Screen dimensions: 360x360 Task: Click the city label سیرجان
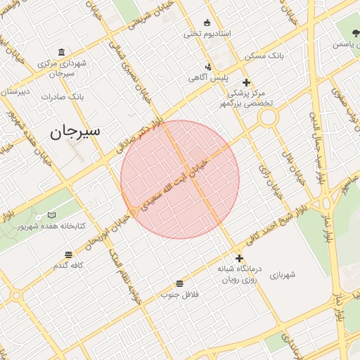coord(76,131)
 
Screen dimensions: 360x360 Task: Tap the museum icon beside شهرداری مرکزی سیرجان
coord(61,53)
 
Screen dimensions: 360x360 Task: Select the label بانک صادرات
coord(63,96)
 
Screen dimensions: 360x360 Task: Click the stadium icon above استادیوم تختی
coord(206,22)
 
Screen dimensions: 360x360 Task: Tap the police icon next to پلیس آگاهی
coord(208,67)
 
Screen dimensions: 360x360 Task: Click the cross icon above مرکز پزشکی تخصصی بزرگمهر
coord(246,82)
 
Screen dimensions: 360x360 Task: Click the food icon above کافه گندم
coord(68,255)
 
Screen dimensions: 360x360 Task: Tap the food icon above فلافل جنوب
coord(180,283)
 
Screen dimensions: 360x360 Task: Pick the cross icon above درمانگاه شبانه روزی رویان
coord(239,258)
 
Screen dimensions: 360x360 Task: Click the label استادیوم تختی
coord(202,33)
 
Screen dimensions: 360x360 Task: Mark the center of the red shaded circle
coord(180,179)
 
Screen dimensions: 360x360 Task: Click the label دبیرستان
coord(15,92)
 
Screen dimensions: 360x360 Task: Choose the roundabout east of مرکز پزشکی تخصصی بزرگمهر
coord(267,117)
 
